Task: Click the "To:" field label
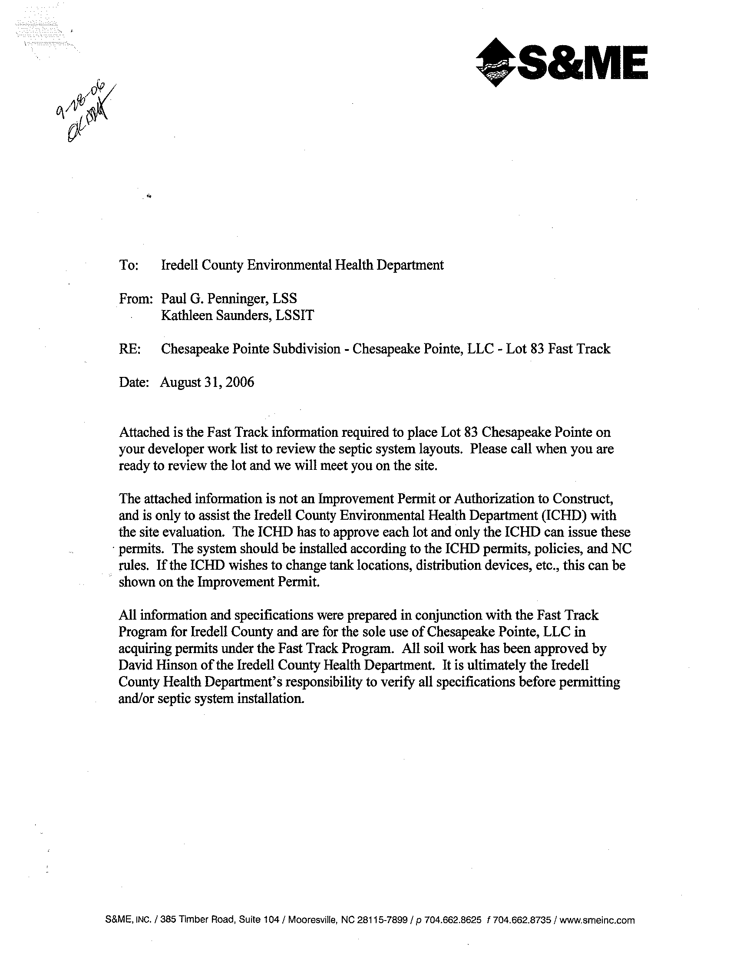click(129, 265)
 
